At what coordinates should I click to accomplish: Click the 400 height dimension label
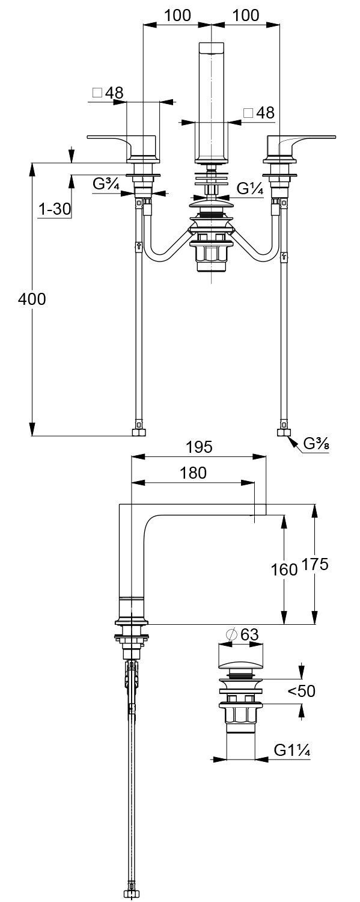[x=32, y=299]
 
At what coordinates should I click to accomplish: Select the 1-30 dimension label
[x=55, y=209]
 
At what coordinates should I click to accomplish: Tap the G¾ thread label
[x=106, y=184]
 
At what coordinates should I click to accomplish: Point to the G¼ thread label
[x=250, y=188]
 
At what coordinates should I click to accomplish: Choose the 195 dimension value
[x=199, y=447]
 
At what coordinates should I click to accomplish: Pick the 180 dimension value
[x=193, y=473]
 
